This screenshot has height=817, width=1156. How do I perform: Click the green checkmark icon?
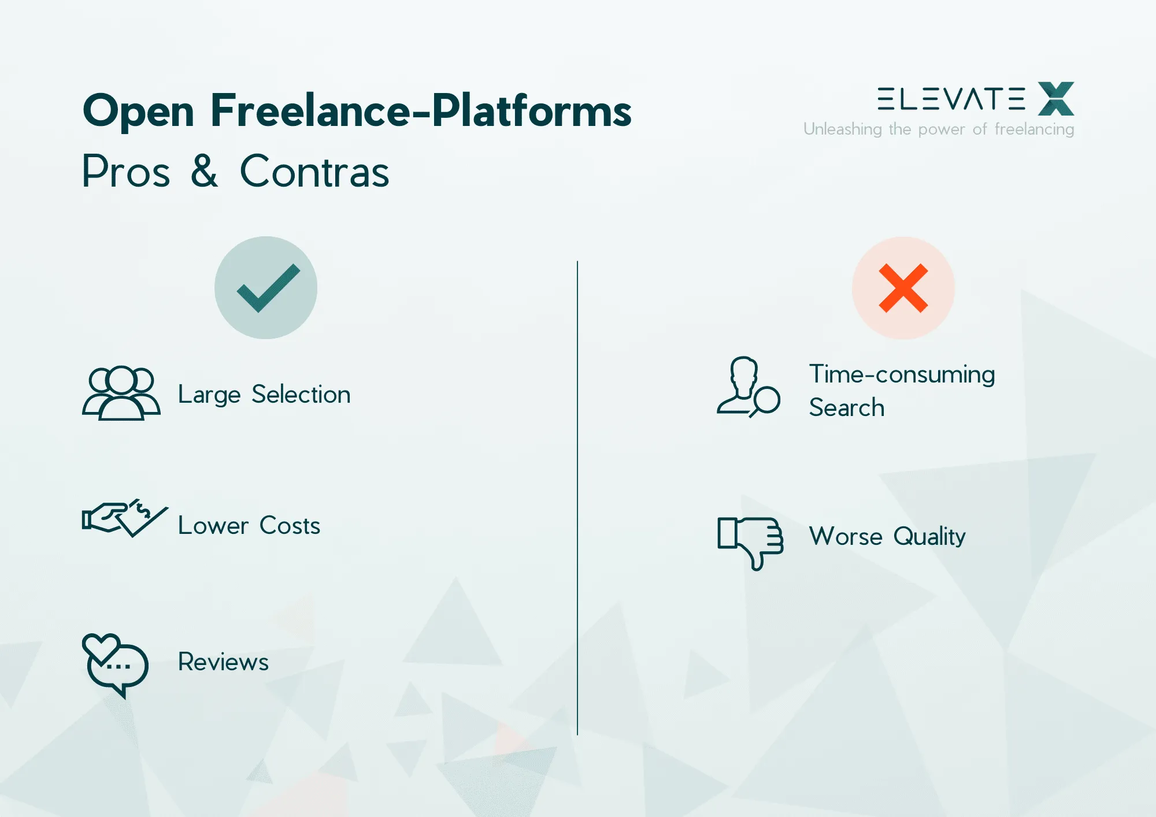pos(266,288)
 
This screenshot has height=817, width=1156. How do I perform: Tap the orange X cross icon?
pos(903,288)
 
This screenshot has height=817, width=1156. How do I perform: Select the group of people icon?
pos(121,393)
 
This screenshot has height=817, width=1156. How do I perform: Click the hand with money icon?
pos(124,518)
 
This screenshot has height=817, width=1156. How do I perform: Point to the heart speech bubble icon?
pos(116,664)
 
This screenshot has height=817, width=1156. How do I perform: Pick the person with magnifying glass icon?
pos(748,387)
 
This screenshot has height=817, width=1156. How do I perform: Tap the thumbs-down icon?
pos(750,542)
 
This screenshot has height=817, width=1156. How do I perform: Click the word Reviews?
pos(223,662)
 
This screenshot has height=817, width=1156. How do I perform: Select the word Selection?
pos(301,395)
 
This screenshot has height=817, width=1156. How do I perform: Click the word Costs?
pos(290,526)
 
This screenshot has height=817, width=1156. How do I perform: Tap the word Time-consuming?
pos(902,374)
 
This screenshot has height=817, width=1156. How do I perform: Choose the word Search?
pos(847,408)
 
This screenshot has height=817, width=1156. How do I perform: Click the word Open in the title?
pos(139,111)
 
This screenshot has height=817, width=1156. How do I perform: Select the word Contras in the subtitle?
pos(314,172)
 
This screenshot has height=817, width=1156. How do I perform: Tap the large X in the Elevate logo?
pos(1056,99)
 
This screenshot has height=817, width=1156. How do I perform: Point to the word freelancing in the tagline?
pos(1034,129)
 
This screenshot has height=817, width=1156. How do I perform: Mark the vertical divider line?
pos(577,497)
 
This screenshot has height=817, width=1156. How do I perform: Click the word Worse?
pos(846,537)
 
